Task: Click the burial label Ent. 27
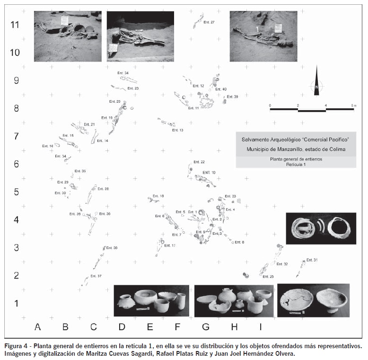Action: click(209, 22)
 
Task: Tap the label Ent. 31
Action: click(312, 260)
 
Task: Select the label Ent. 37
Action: click(96, 275)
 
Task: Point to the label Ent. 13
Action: click(178, 130)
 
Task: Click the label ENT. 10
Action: click(209, 173)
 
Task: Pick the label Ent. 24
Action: click(123, 73)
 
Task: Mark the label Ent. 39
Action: click(232, 97)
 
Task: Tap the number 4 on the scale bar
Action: click(325, 104)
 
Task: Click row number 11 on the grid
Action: click(15, 25)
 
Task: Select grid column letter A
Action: click(38, 326)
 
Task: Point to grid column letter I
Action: click(261, 326)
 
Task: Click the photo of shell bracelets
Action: click(321, 228)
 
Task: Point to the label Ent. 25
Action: click(268, 276)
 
